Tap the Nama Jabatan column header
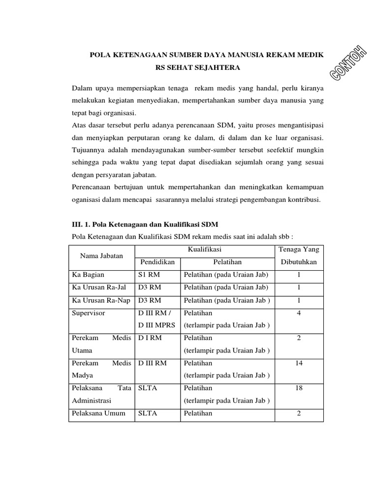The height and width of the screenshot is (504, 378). pyautogui.click(x=101, y=256)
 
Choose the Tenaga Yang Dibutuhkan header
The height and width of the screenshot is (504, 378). pyautogui.click(x=298, y=256)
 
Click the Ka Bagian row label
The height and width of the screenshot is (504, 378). pyautogui.click(x=88, y=275)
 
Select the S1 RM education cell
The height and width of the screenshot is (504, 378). pyautogui.click(x=149, y=275)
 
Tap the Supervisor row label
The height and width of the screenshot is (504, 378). pyautogui.click(x=90, y=313)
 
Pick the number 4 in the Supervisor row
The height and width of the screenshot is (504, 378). pyautogui.click(x=299, y=313)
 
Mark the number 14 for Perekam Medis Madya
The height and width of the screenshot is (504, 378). pyautogui.click(x=299, y=363)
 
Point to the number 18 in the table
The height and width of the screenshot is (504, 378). pyautogui.click(x=299, y=388)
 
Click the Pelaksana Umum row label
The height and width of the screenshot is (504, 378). pyautogui.click(x=97, y=413)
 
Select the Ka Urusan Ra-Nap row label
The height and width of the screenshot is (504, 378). pyautogui.click(x=100, y=300)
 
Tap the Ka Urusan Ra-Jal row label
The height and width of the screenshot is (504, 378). pyautogui.click(x=99, y=287)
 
